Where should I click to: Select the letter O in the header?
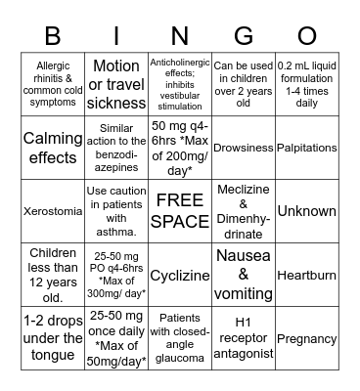(x=308, y=35)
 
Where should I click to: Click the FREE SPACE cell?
(x=180, y=211)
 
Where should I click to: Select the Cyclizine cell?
(x=180, y=276)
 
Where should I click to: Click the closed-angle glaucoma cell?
(x=180, y=338)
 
